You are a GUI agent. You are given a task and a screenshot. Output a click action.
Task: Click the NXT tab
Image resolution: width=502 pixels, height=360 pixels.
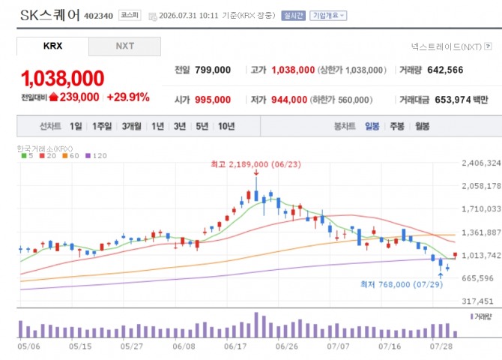click(125, 46)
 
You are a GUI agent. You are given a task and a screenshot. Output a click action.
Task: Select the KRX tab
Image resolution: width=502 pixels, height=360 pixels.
click(53, 46)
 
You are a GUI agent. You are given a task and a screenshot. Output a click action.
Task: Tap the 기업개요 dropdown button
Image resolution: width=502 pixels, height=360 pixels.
click(328, 16)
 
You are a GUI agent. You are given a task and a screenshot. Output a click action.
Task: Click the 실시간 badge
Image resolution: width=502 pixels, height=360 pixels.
click(293, 16)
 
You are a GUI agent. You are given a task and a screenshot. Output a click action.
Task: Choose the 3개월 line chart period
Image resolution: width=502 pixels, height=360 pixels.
click(132, 126)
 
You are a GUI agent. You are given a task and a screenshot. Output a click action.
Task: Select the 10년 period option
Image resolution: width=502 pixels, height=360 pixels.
click(226, 126)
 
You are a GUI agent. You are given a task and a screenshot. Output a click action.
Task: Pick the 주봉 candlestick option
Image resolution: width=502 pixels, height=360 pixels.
click(397, 126)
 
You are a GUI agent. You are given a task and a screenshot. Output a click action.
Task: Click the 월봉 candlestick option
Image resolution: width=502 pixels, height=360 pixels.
click(423, 126)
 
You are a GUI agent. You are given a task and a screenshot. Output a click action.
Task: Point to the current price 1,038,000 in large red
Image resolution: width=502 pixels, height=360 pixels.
click(63, 79)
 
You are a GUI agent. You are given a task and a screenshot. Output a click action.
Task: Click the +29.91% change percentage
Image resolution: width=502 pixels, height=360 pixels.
click(128, 97)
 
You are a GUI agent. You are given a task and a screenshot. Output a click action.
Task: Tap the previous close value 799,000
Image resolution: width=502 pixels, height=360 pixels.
click(213, 70)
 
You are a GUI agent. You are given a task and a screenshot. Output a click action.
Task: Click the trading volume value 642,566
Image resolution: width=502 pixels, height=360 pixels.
click(445, 70)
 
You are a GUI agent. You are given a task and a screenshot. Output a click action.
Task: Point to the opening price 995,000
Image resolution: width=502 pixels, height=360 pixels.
click(213, 100)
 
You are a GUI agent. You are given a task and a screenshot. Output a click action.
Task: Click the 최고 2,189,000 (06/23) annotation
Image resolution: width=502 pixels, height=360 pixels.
click(255, 164)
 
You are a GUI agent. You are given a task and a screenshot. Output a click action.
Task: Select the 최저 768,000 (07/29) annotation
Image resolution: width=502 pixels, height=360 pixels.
click(402, 284)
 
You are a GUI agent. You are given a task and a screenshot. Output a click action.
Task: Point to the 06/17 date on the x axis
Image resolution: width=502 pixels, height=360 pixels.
click(235, 346)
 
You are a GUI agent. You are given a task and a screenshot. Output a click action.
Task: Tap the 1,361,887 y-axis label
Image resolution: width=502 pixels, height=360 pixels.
click(481, 232)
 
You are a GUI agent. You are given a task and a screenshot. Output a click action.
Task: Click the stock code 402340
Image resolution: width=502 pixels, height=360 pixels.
click(99, 16)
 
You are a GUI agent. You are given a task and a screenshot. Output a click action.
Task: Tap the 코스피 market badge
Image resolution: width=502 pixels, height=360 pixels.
click(130, 16)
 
